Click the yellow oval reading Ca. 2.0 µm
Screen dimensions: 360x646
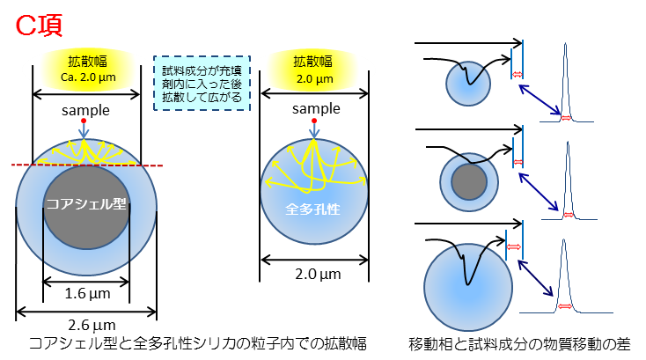tap(87, 68)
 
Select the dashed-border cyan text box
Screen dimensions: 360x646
tap(202, 82)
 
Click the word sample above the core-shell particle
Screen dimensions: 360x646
tap(86, 110)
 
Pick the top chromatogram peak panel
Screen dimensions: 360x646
tap(567, 80)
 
